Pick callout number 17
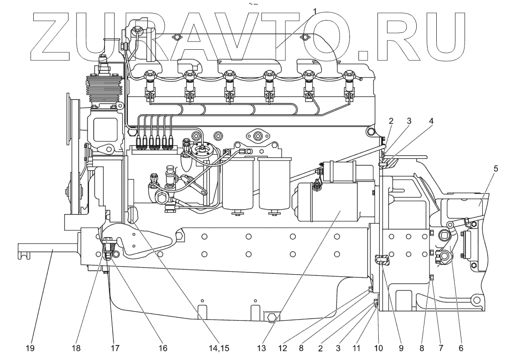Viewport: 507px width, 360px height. (x=114, y=348)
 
